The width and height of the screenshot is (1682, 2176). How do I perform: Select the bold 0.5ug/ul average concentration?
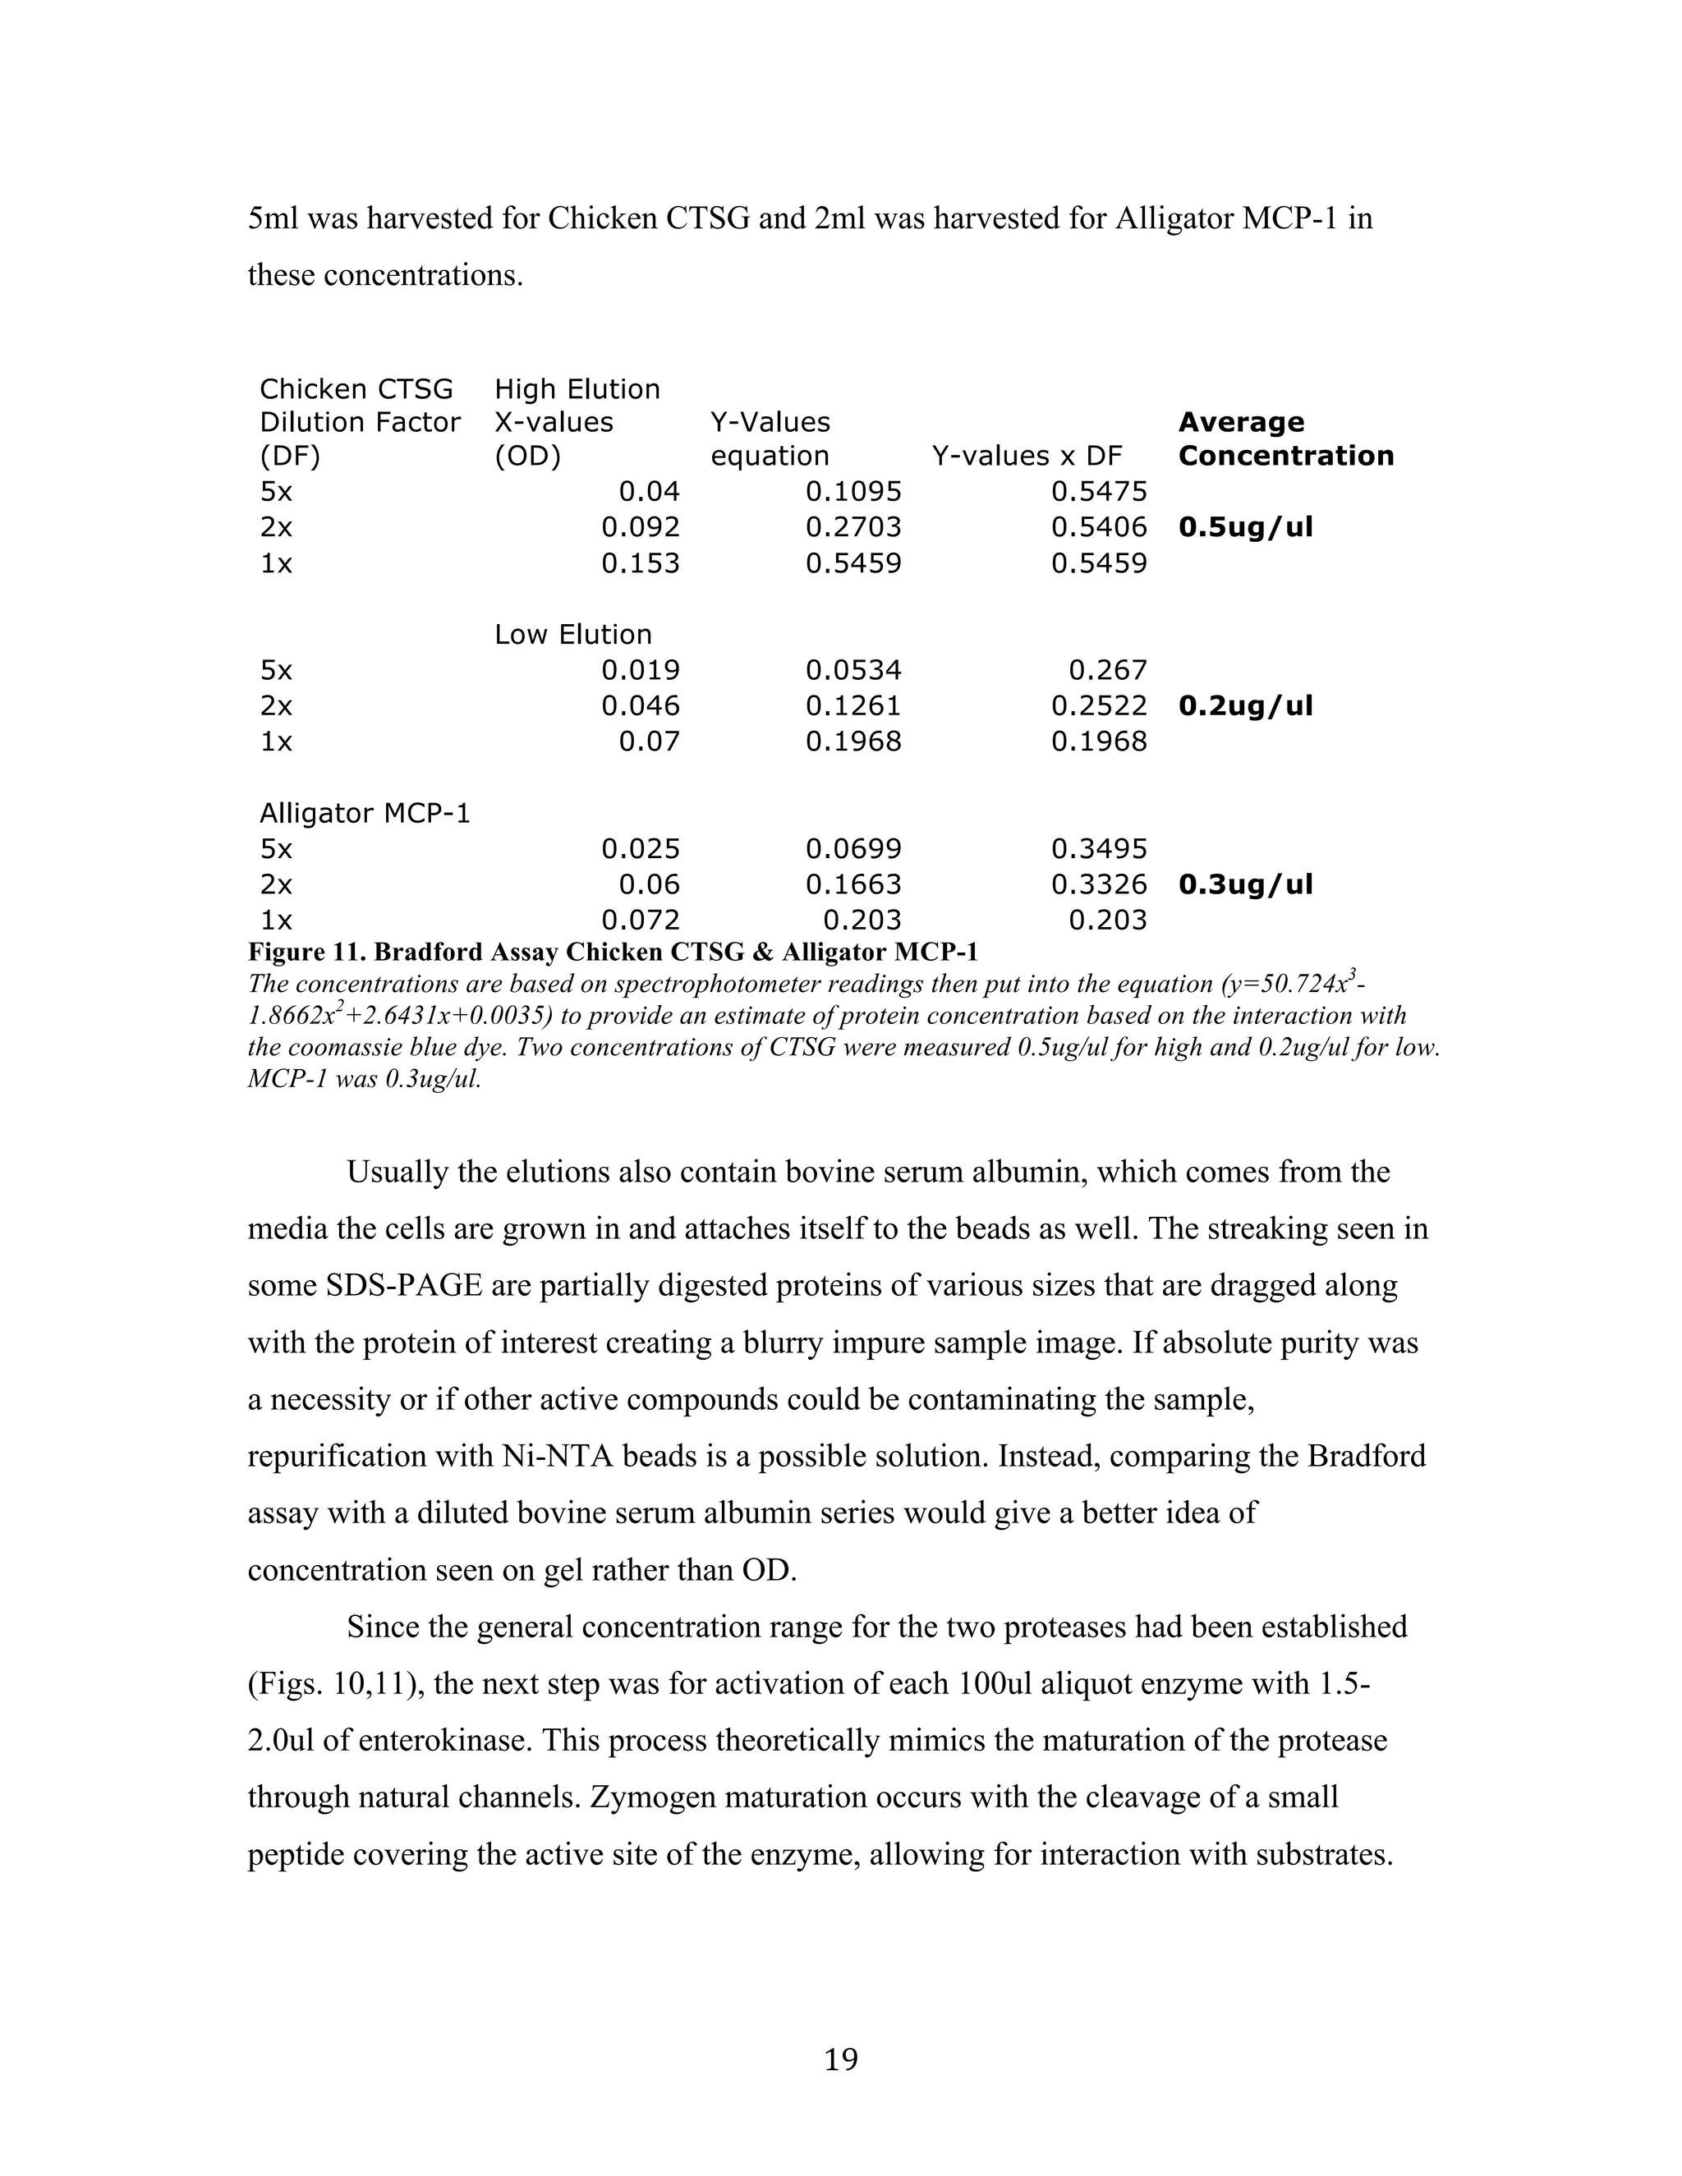pos(1246,527)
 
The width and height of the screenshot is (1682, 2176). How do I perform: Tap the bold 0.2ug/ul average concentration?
pos(1246,706)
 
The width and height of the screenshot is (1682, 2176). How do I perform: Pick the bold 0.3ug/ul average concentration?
pos(1246,884)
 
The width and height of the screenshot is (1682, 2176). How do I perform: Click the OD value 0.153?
pos(640,564)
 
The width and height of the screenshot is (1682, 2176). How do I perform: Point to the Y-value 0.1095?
pos(853,491)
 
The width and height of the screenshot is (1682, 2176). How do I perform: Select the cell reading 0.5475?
pos(1099,491)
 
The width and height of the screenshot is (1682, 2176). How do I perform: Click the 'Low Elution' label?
pos(573,635)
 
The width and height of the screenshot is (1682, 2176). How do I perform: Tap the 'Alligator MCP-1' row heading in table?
pos(365,814)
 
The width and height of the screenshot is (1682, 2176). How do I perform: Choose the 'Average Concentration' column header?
pos(1285,439)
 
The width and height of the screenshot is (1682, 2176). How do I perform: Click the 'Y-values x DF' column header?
pos(1027,457)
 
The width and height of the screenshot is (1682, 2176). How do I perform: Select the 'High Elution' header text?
pos(577,389)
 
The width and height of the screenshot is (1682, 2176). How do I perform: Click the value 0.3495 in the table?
pos(1099,850)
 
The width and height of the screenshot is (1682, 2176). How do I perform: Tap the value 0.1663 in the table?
pos(853,884)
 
